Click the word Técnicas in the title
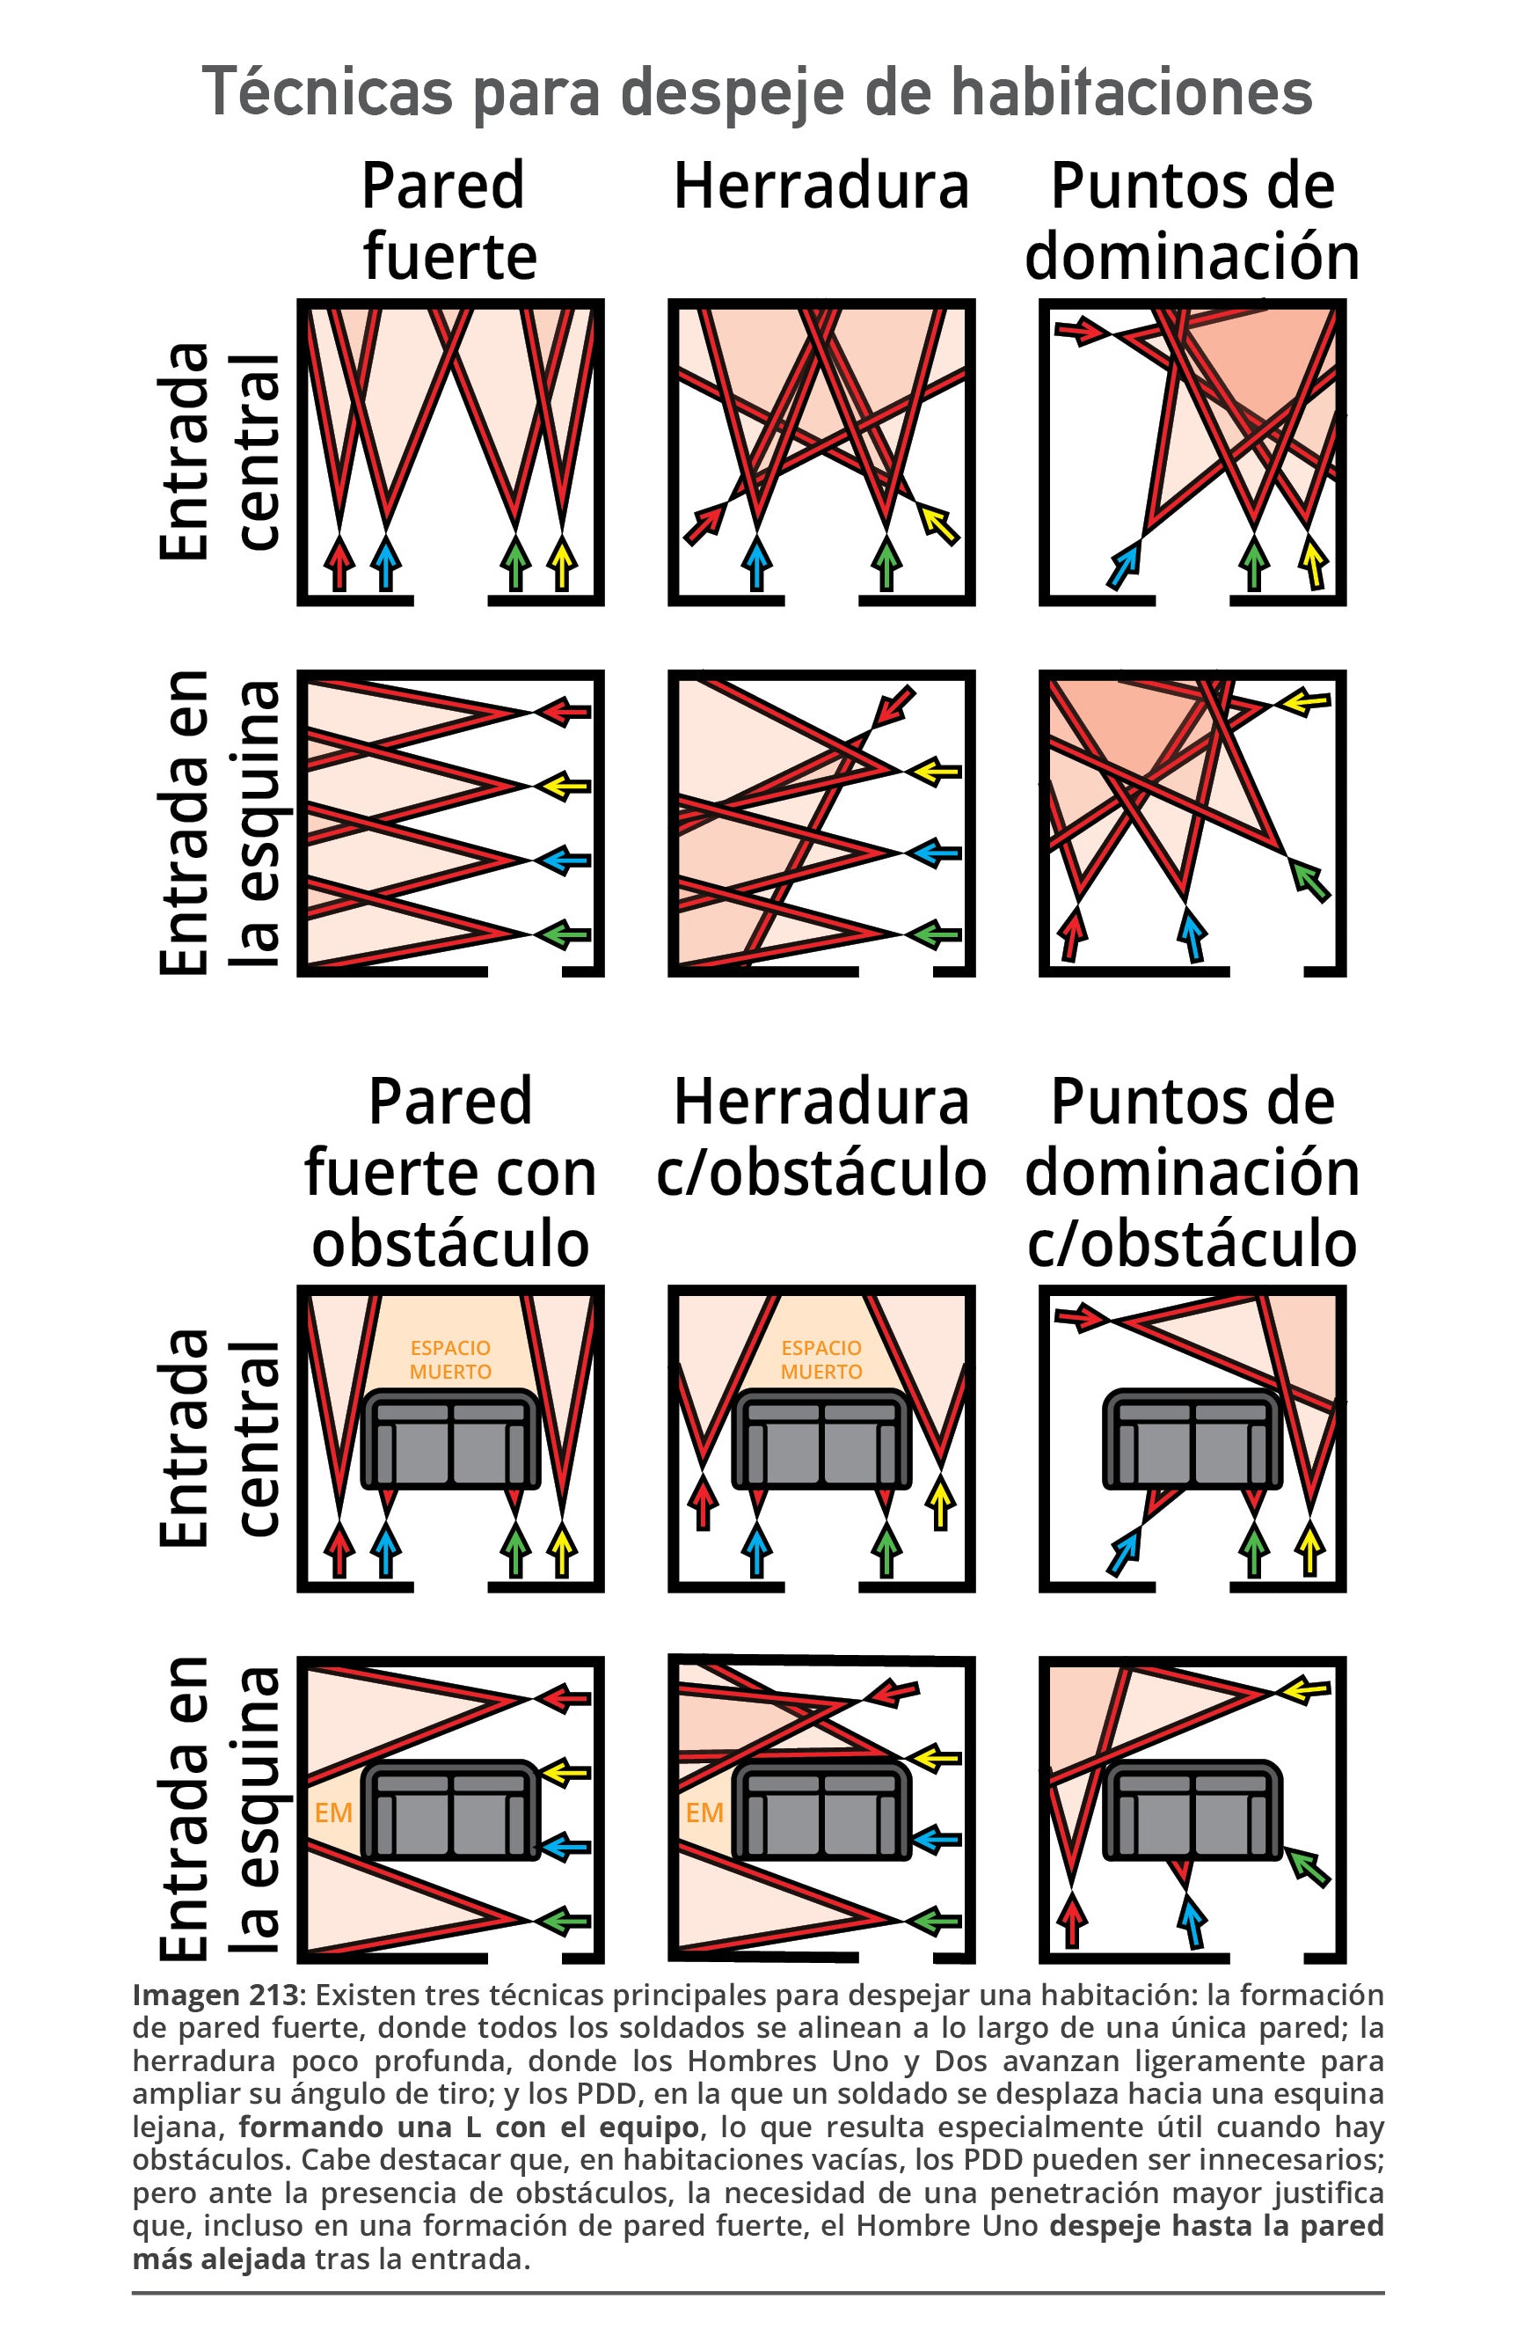tap(329, 92)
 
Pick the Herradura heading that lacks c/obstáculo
tap(821, 187)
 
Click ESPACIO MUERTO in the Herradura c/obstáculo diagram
tap(821, 1359)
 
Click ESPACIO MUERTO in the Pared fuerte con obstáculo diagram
tap(450, 1359)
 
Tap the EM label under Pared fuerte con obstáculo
tap(333, 1812)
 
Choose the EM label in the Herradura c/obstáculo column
tap(704, 1812)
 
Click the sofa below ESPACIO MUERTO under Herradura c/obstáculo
tap(821, 1439)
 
